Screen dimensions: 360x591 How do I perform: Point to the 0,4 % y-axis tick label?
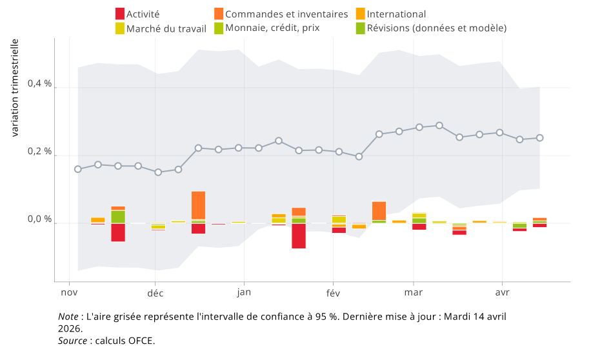[x=39, y=84]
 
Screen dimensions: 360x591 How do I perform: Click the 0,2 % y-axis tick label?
[x=39, y=152]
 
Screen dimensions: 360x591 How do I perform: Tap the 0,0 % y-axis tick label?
[x=39, y=220]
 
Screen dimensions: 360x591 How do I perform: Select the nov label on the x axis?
[x=69, y=293]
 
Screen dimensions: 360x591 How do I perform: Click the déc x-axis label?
[x=155, y=293]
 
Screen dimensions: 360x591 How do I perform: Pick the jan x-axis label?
[x=244, y=293]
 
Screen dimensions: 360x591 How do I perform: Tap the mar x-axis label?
[x=413, y=293]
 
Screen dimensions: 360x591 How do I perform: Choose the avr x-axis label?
[x=502, y=293]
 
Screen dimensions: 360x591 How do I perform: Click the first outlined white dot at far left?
[x=77, y=169]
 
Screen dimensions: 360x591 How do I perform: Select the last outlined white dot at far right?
[x=540, y=137]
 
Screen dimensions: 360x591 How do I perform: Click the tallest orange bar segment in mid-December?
[x=198, y=205]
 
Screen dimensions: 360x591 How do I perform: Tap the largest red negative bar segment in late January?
[x=298, y=236]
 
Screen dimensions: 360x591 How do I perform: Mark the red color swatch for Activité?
[x=119, y=14]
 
